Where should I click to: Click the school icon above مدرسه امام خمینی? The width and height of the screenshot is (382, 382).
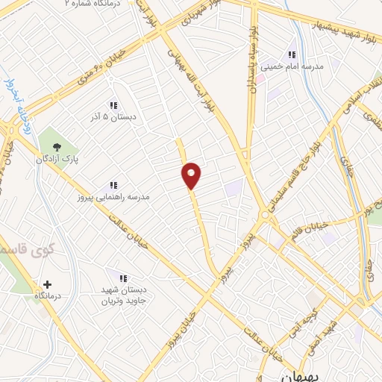click(292, 54)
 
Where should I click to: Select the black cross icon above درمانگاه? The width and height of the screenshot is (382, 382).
click(48, 284)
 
